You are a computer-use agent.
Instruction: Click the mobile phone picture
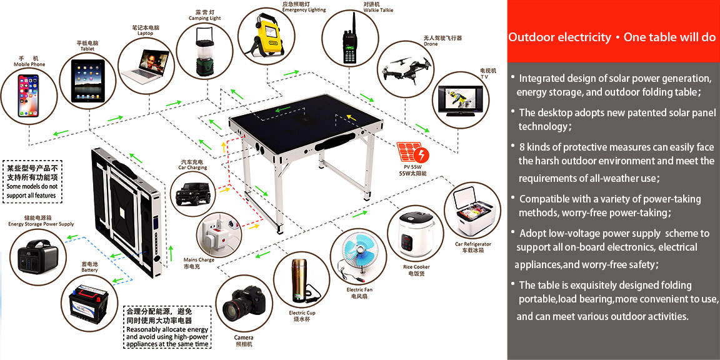click(29, 96)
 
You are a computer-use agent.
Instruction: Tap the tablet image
click(87, 81)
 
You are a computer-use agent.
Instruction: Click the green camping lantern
click(205, 51)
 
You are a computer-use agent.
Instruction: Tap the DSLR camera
click(244, 302)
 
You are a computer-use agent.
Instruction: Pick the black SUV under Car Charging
click(193, 193)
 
